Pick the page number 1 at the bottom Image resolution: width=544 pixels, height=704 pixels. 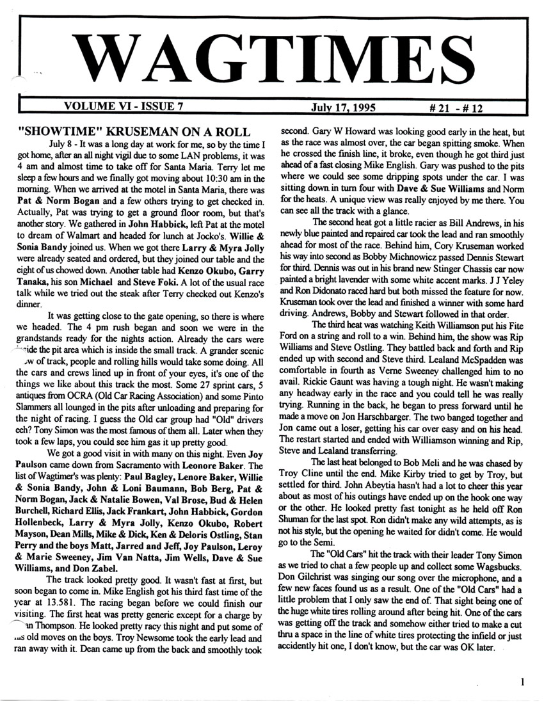click(523, 682)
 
